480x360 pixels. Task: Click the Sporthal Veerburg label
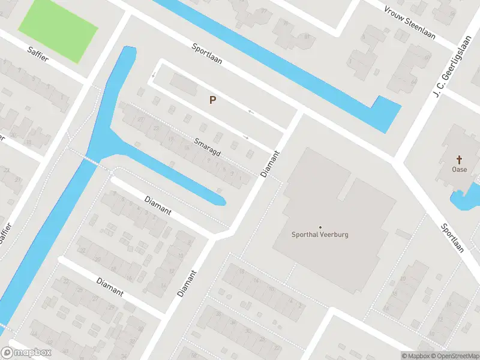[x=320, y=235]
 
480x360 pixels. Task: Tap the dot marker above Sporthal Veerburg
[x=320, y=227]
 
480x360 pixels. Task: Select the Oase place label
[x=460, y=169]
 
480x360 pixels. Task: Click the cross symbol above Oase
[x=460, y=160]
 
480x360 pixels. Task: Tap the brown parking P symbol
[x=212, y=100]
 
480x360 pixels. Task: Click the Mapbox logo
[x=27, y=353]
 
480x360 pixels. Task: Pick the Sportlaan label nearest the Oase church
[x=453, y=239]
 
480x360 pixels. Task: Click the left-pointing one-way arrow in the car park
[x=251, y=112]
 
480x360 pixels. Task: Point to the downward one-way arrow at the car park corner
[x=153, y=75]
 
